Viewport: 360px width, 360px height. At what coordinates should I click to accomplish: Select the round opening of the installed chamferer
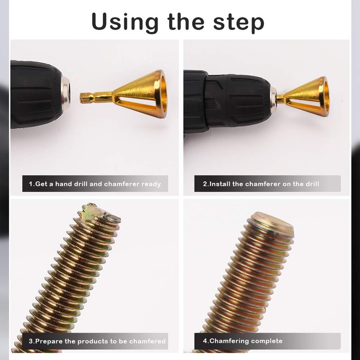(x=322, y=96)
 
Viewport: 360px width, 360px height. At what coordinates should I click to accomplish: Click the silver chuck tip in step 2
(x=273, y=96)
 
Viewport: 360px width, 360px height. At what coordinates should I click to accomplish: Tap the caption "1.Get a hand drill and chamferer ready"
(x=95, y=184)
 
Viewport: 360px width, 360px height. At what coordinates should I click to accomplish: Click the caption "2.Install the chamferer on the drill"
(x=261, y=184)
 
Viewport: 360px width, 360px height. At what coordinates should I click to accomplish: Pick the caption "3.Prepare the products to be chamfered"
(x=97, y=341)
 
